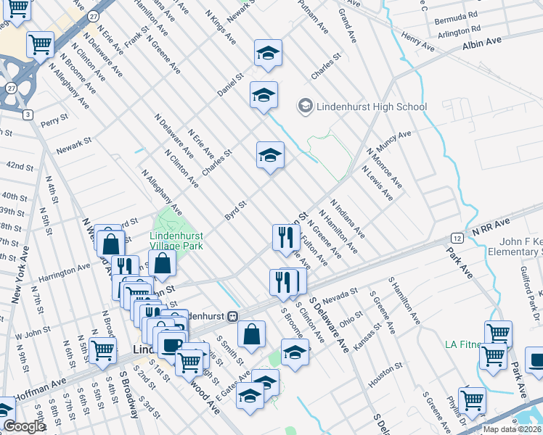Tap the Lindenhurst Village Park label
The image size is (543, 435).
tap(176, 240)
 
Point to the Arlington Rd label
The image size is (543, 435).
tap(461, 29)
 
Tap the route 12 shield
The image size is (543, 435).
tap(454, 237)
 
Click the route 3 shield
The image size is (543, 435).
tap(28, 115)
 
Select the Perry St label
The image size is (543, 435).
tap(54, 117)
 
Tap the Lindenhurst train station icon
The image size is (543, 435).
tap(233, 316)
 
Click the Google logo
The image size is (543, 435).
tap(24, 426)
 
